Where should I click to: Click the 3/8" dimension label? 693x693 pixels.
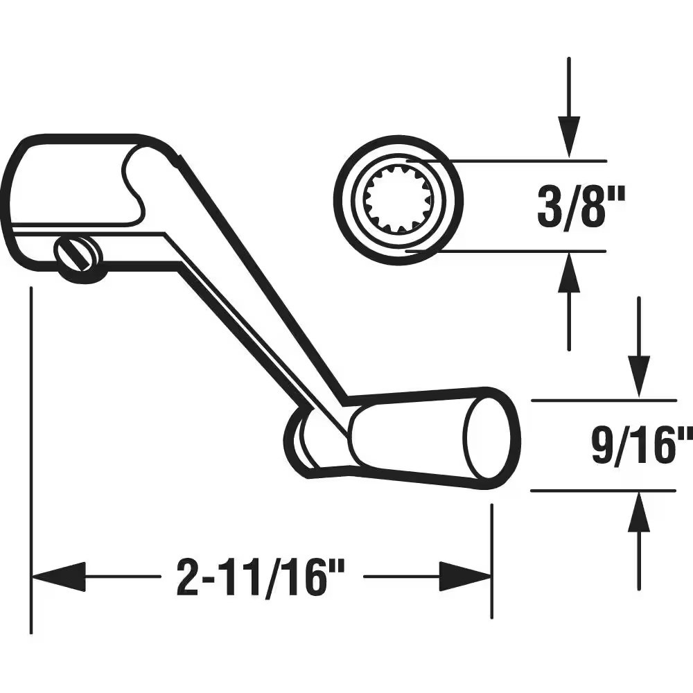click(x=581, y=207)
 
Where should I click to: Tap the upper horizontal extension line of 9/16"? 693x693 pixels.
click(x=603, y=401)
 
